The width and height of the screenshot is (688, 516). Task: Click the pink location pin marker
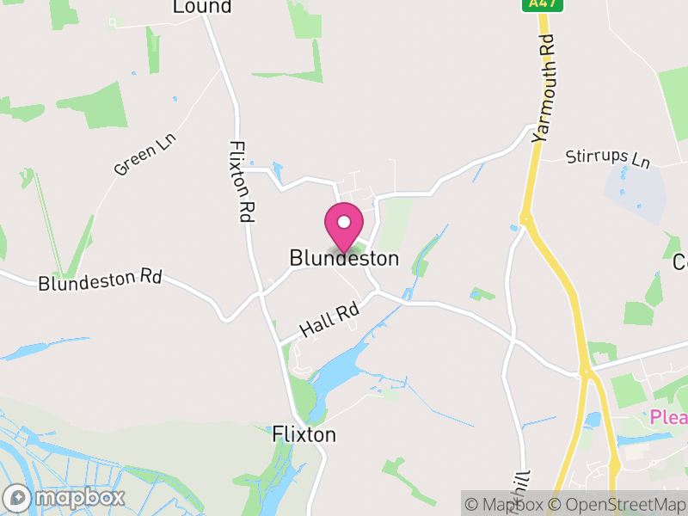[x=343, y=229]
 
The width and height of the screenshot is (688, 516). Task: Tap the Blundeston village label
[x=344, y=258]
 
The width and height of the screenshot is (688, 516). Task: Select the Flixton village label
[x=304, y=434]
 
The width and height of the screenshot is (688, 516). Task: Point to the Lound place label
[x=202, y=7]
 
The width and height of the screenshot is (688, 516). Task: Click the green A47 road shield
[x=535, y=5]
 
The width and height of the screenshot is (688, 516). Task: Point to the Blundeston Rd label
[x=100, y=279]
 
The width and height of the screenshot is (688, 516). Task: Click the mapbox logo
[x=65, y=497]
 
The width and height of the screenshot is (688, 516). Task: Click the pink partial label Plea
[x=668, y=417]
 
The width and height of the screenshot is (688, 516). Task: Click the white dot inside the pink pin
[x=343, y=222]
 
